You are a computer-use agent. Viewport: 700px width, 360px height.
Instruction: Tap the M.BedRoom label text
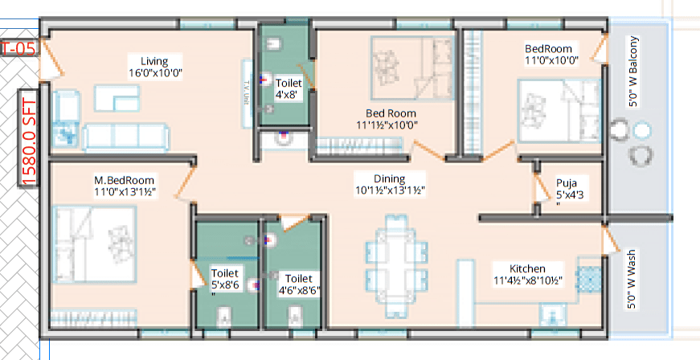click(124, 186)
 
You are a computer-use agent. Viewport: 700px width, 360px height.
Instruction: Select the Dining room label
click(389, 184)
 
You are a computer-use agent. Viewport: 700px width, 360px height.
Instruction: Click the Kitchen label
click(527, 274)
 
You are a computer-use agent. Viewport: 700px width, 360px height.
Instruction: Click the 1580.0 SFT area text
click(30, 137)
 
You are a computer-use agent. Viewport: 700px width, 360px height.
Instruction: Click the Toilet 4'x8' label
click(289, 88)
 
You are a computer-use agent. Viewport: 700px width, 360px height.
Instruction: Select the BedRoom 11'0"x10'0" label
click(551, 54)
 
